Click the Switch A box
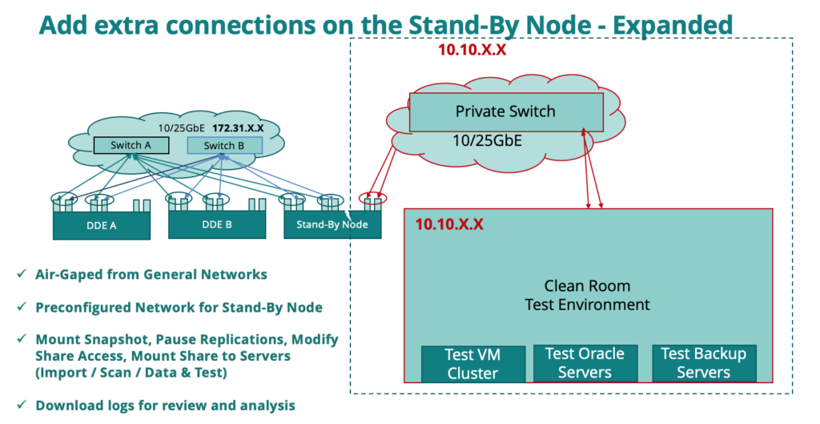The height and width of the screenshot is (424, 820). pyautogui.click(x=131, y=145)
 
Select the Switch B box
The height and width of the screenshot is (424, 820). pyautogui.click(x=224, y=145)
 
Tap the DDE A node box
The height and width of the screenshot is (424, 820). pyautogui.click(x=102, y=225)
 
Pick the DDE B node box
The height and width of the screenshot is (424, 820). pyautogui.click(x=216, y=224)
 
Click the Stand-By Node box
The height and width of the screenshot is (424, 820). pyautogui.click(x=332, y=224)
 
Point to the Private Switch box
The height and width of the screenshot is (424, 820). pyautogui.click(x=505, y=111)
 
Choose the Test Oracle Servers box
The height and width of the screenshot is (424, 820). pyautogui.click(x=585, y=363)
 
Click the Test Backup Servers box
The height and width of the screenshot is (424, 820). pyautogui.click(x=702, y=363)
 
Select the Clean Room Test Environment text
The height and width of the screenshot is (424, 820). pyautogui.click(x=587, y=295)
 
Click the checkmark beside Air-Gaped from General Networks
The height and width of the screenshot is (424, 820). pyautogui.click(x=21, y=274)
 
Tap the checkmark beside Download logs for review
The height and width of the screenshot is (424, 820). pyautogui.click(x=21, y=406)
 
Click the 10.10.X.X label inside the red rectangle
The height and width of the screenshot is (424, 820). pyautogui.click(x=449, y=224)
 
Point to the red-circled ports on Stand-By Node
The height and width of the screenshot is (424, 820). pyautogui.click(x=373, y=198)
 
